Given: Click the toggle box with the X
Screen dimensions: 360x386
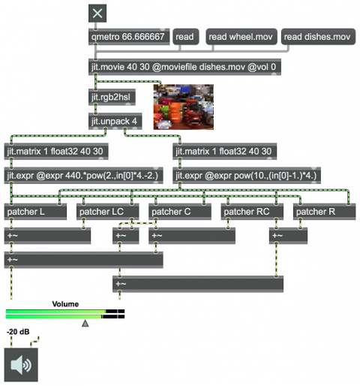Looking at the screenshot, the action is [97, 14].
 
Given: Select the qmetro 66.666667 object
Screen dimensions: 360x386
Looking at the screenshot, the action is [129, 37].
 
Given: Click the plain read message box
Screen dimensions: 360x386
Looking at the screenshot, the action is [186, 37].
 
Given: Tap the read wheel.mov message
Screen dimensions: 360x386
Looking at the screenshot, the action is [241, 37].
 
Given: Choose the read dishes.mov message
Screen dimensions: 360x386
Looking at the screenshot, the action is [318, 37].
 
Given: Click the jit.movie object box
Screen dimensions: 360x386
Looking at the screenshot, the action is [184, 67].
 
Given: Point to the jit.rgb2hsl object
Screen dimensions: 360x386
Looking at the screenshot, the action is [112, 97].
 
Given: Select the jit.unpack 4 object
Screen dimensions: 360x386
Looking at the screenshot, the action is [115, 121].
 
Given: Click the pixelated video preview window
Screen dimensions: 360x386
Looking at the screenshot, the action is [184, 107].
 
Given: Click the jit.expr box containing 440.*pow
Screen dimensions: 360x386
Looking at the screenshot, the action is [84, 175].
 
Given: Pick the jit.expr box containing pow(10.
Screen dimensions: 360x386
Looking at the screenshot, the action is [247, 175].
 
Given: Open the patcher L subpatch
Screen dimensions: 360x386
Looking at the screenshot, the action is [35, 212].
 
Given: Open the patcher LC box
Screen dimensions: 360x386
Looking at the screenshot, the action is [107, 212].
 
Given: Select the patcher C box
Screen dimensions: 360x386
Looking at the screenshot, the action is [180, 212].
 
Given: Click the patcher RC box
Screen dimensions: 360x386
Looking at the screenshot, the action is [252, 212].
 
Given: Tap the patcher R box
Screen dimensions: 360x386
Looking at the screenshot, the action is [324, 212].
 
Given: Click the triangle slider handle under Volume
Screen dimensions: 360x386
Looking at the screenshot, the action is [85, 323].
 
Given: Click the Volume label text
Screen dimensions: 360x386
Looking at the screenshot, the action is [65, 304].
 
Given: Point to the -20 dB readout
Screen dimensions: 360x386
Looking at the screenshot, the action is [18, 332].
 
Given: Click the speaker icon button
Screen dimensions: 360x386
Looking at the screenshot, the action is [21, 365].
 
